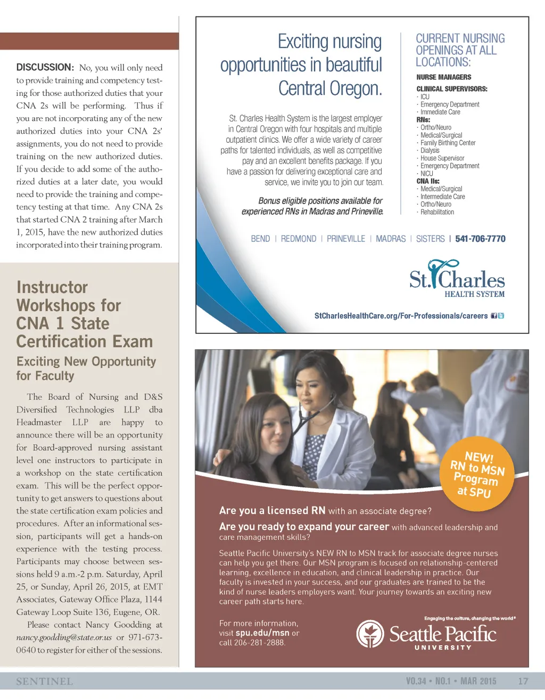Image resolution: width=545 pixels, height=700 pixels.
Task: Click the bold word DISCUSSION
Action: click(45, 67)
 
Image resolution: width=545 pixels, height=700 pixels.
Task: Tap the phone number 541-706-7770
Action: click(480, 239)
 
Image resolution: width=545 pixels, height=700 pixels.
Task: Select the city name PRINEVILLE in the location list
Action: click(346, 239)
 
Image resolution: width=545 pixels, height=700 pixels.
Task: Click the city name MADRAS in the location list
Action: click(391, 239)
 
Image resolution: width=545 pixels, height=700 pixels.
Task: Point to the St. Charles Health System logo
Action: click(457, 279)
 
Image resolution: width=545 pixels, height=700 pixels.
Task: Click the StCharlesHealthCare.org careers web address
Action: click(401, 316)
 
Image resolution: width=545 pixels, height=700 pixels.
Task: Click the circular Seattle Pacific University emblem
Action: click(370, 634)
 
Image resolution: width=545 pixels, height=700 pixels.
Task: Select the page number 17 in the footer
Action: click(523, 681)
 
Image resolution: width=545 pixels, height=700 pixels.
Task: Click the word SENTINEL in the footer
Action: click(44, 681)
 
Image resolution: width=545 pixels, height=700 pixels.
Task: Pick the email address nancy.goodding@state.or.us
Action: click(64, 637)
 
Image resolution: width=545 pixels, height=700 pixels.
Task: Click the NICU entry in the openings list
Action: click(426, 174)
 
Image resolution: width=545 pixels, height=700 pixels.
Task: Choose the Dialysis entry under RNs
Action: click(430, 151)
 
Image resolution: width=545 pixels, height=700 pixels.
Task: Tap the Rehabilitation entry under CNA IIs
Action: click(437, 212)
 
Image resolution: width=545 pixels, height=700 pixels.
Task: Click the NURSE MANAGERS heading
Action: click(443, 77)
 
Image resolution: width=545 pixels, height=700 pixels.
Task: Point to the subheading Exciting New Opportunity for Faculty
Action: click(86, 368)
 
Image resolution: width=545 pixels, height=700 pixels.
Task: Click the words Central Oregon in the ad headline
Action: click(330, 88)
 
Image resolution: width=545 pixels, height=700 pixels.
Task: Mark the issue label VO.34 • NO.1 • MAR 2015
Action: click(451, 681)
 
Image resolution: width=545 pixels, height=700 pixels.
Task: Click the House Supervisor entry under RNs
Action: click(442, 158)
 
